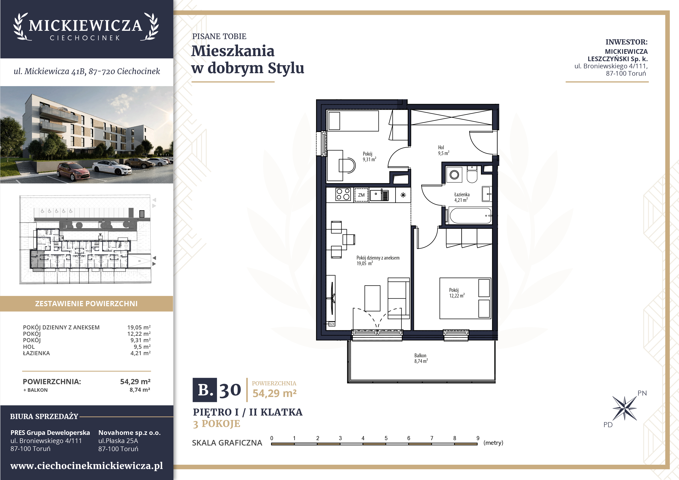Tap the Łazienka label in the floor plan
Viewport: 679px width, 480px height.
pos(462,195)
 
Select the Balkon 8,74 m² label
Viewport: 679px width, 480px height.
pos(421,358)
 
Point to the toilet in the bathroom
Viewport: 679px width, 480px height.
pos(472,175)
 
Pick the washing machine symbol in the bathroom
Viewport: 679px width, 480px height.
pos(454,175)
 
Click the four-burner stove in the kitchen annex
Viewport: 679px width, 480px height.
pos(343,195)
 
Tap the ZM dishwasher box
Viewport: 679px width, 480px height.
pos(361,195)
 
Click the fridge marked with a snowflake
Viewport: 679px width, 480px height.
pos(403,195)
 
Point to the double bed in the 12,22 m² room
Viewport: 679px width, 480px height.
pos(465,298)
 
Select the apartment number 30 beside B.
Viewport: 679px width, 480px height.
pos(230,390)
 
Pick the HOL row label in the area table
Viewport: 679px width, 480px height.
pos(29,347)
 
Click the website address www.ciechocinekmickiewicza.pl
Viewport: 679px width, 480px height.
pos(87,466)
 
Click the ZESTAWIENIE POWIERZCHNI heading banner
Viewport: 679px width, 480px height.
pos(86,304)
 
